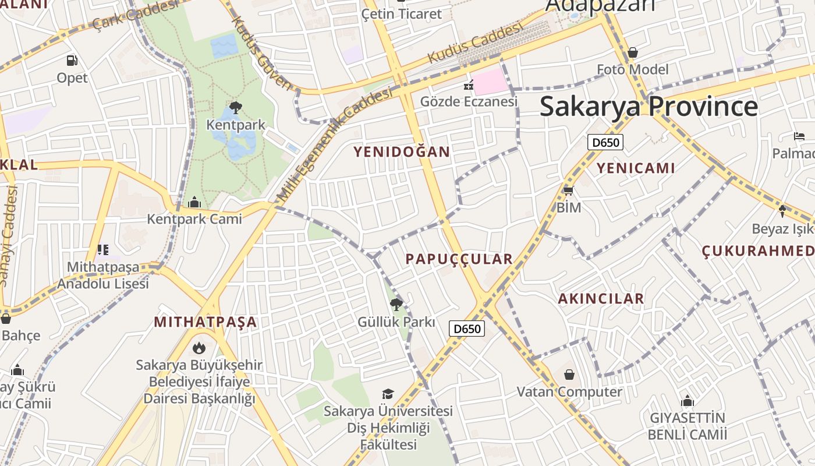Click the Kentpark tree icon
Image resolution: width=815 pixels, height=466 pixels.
point(236,107)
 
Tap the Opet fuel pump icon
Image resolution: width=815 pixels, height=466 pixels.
point(72,60)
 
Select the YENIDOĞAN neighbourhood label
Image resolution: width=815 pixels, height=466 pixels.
point(402,152)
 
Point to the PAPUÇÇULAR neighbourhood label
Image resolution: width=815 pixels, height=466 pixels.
point(459,259)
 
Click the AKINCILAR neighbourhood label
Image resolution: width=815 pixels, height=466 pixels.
point(601,299)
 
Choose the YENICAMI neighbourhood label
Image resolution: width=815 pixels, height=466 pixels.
point(635,168)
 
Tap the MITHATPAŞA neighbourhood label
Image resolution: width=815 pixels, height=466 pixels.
point(205,322)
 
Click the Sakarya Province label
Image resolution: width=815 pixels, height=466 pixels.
point(649,107)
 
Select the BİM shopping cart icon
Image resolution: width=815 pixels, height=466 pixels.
point(569,190)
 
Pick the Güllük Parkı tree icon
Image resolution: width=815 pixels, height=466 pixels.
point(396,304)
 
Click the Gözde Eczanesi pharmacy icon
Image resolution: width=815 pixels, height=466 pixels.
point(469,86)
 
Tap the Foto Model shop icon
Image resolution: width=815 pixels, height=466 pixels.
point(633,53)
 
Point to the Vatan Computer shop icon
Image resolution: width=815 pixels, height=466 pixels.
point(569,375)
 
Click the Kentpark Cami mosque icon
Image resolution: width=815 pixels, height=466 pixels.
point(194,203)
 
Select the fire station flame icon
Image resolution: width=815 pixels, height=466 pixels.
point(199,348)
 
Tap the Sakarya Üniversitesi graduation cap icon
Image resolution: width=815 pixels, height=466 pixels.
point(388,394)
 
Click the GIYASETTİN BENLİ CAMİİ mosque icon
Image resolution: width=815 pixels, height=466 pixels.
point(688,401)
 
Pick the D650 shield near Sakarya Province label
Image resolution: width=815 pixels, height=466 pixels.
point(605,142)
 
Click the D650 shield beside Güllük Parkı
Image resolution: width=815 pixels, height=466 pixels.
point(467,329)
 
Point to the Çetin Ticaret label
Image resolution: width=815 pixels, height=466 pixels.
point(402,13)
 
